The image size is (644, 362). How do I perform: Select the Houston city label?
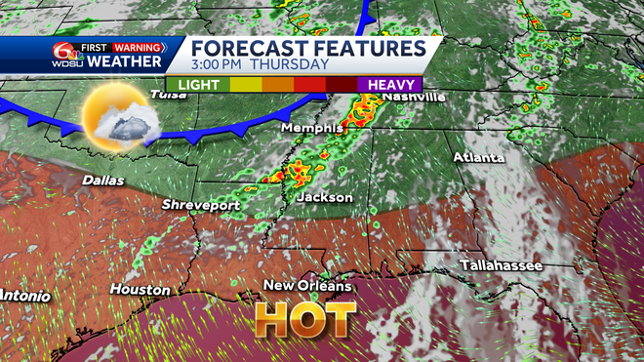tap(140, 289)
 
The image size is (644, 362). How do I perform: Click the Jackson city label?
tap(324, 197)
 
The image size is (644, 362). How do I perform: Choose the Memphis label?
tap(311, 128)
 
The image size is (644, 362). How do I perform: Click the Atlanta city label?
tap(478, 156)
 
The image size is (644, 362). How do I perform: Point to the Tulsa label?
tap(169, 94)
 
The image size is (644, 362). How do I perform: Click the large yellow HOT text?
tap(302, 319)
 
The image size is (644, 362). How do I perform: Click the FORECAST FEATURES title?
tap(307, 48)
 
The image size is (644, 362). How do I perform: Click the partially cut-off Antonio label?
tap(20, 295)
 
